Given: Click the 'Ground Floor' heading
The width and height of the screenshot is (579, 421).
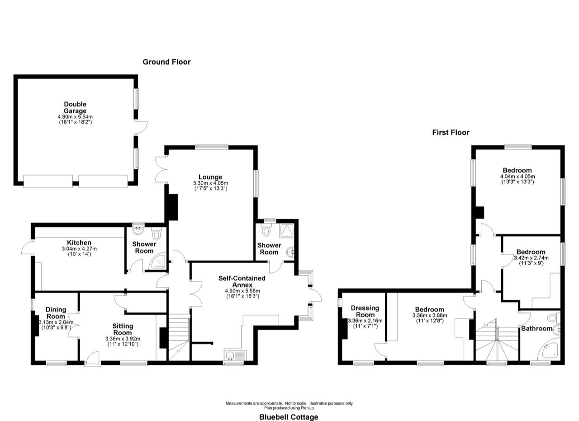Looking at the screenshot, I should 166,62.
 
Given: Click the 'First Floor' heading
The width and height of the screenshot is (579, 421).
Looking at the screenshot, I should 451,133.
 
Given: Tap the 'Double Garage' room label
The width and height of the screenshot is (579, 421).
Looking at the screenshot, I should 75,108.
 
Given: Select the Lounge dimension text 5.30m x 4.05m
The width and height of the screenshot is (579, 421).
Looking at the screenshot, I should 210,183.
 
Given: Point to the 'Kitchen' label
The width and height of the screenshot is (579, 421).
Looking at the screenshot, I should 79,243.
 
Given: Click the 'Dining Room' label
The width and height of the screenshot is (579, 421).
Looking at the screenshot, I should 56,313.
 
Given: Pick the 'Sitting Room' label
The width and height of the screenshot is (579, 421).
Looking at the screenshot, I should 123,329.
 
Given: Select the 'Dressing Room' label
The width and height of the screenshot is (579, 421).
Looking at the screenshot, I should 365,311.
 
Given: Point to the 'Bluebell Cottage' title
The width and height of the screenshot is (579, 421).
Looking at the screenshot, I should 289,417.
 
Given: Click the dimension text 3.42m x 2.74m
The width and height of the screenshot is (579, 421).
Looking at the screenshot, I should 531,258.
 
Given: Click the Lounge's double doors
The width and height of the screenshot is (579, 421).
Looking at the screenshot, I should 160,170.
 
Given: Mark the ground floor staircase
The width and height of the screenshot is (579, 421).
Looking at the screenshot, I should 179,337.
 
